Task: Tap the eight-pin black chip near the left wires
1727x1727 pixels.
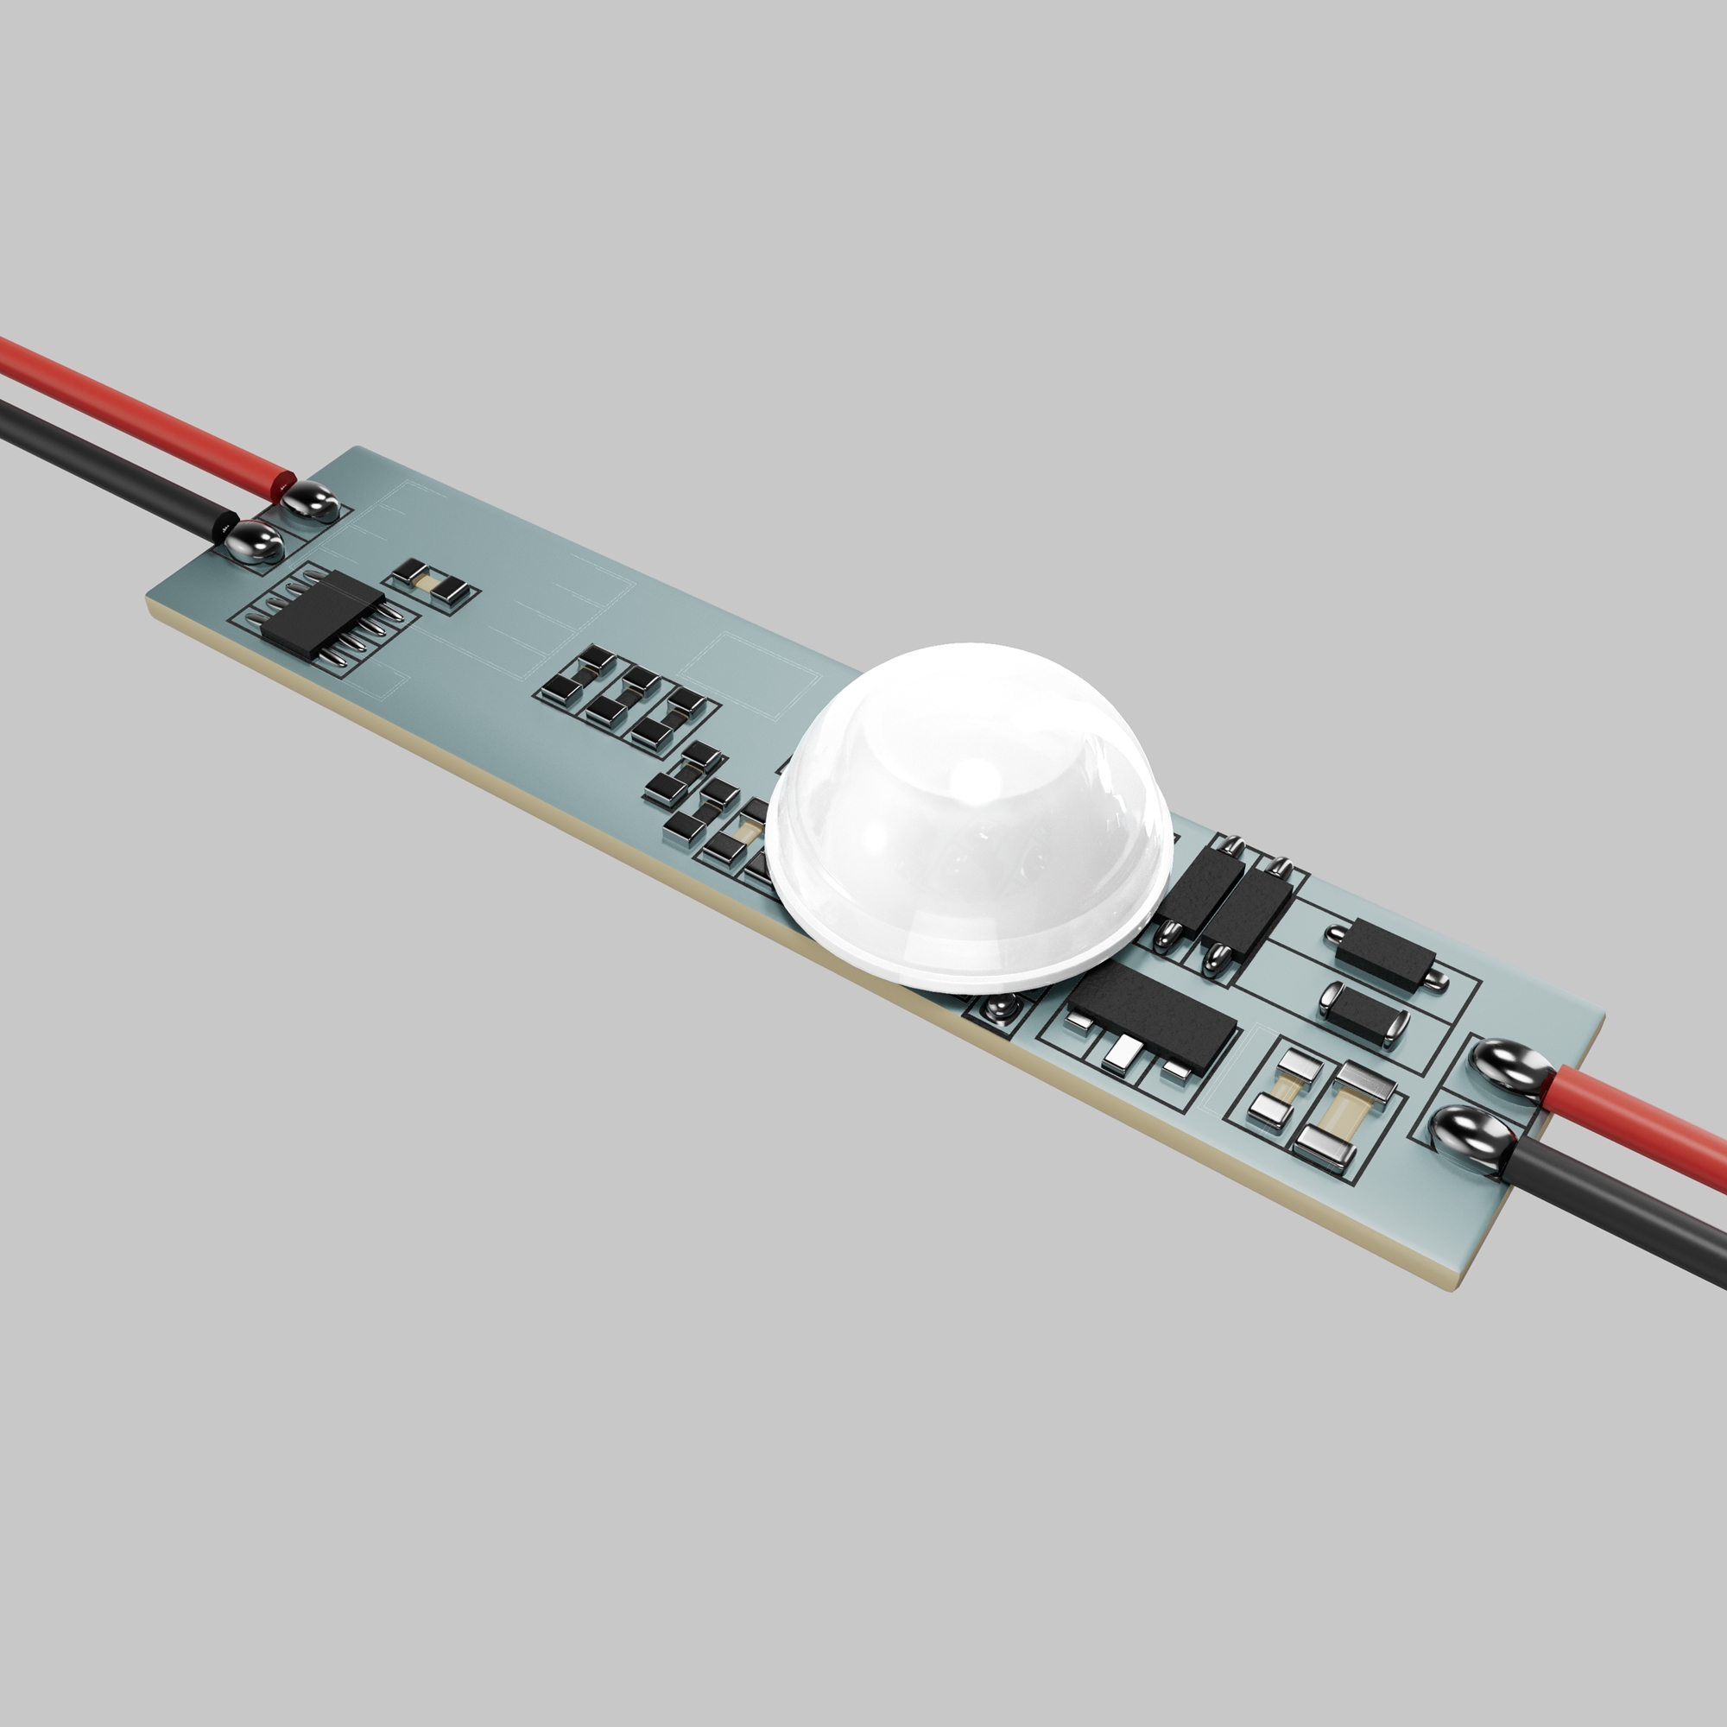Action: pyautogui.click(x=322, y=616)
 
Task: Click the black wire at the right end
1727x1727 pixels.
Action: pyautogui.click(x=1627, y=1198)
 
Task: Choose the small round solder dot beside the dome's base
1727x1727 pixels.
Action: pyautogui.click(x=998, y=1009)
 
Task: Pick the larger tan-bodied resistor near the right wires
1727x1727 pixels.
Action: pyautogui.click(x=1342, y=1110)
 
